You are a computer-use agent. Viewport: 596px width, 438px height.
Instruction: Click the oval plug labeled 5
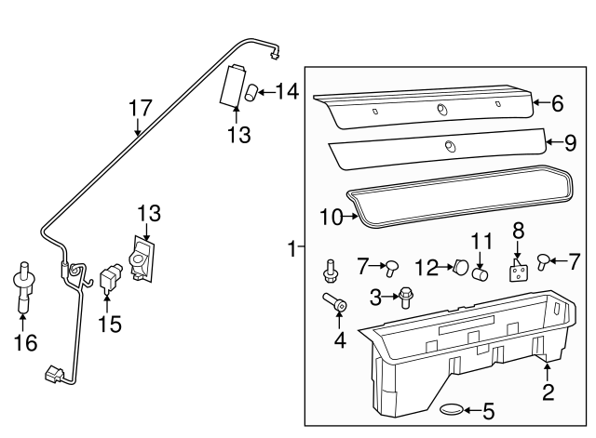point(449,410)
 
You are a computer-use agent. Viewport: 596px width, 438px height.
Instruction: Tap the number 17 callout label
point(139,108)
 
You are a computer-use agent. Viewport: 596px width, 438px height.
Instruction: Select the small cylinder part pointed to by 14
point(251,92)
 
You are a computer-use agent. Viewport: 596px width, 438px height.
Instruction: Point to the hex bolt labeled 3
point(407,298)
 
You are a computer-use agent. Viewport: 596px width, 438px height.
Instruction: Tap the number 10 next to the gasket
point(332,218)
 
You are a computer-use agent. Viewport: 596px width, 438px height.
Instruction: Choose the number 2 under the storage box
point(548,392)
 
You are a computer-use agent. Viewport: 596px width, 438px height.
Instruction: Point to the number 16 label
point(25,343)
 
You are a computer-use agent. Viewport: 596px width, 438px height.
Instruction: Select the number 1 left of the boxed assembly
point(291,249)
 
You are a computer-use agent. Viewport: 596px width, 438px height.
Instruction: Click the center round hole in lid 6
point(440,111)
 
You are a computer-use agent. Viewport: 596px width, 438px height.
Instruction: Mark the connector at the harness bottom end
point(53,377)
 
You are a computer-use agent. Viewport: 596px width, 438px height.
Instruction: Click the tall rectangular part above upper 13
point(233,87)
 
